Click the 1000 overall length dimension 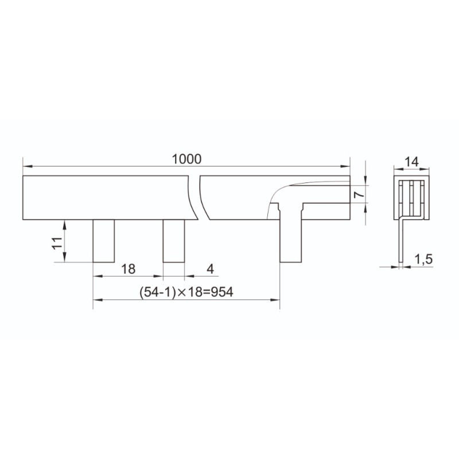[x=186, y=160]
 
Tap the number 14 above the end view [x=411, y=162]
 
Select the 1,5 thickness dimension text [x=423, y=259]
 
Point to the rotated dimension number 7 [x=359, y=194]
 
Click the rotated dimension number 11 [x=57, y=243]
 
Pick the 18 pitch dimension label [x=128, y=269]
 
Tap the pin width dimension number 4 [x=210, y=269]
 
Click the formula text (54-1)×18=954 [x=186, y=292]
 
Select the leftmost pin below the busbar [x=104, y=241]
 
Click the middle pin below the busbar [x=174, y=241]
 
